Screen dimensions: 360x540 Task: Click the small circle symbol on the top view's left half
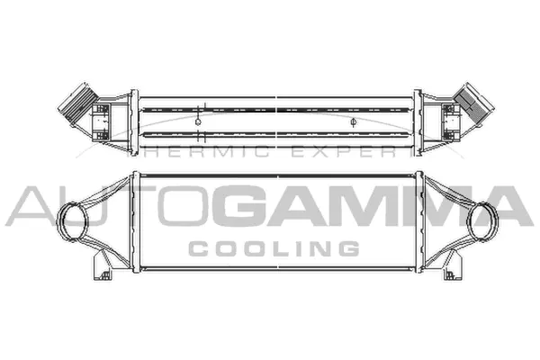click(199, 119)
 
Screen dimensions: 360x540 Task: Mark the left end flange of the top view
click(135, 118)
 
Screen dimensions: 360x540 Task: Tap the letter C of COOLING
click(195, 247)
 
